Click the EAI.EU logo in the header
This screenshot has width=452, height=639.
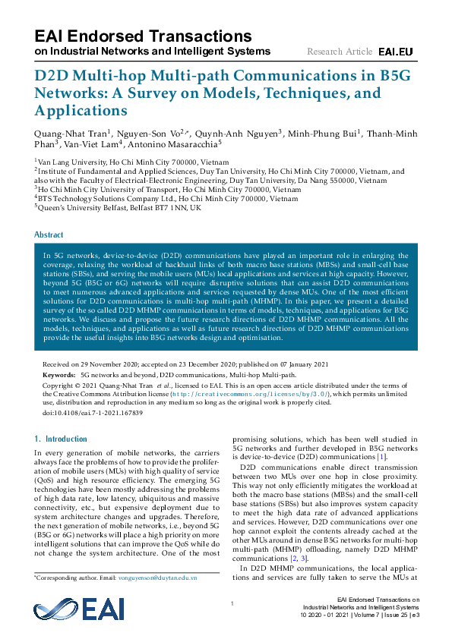pyautogui.click(x=395, y=52)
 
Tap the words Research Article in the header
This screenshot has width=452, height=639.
pyautogui.click(x=340, y=52)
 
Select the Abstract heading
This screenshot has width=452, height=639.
pyautogui.click(x=49, y=235)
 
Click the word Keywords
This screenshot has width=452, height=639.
pyautogui.click(x=58, y=375)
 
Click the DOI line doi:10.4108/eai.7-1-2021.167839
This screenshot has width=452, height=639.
pyautogui.click(x=93, y=412)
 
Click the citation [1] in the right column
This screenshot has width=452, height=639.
pyautogui.click(x=382, y=457)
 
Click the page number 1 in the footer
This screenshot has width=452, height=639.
pyautogui.click(x=229, y=603)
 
